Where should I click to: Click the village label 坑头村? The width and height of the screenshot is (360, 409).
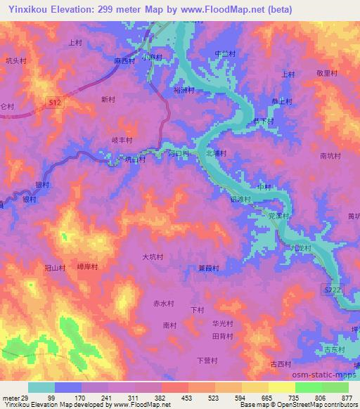point(15,60)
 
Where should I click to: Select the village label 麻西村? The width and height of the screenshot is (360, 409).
point(124,61)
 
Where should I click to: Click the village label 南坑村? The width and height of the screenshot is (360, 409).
point(330,156)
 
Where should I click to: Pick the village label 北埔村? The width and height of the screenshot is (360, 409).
point(216,152)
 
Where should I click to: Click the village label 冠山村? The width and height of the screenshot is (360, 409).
point(55,268)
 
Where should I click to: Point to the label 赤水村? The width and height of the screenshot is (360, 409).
point(163,304)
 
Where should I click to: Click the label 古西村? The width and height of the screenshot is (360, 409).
point(281,363)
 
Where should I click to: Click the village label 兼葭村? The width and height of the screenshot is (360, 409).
point(209,268)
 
